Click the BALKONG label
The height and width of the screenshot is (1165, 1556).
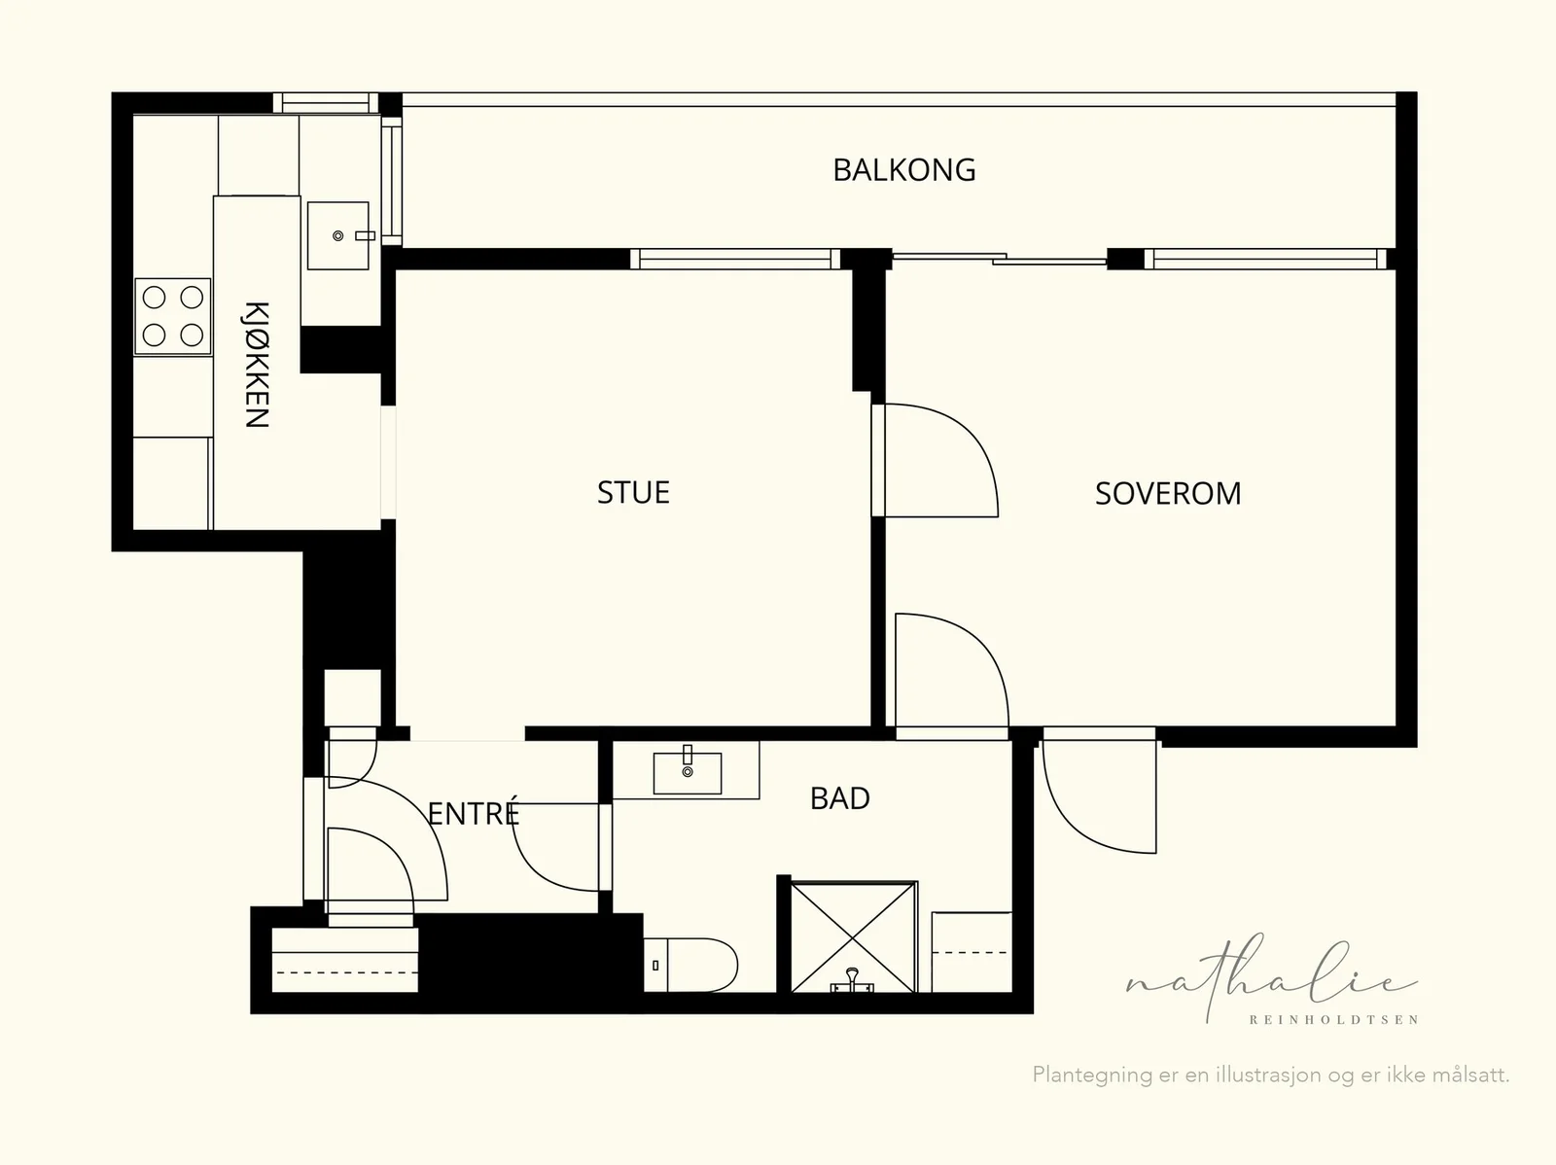click(903, 170)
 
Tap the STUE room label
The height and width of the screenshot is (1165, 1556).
click(633, 492)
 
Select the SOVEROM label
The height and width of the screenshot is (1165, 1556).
click(1168, 494)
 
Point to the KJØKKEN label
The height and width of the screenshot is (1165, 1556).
click(257, 365)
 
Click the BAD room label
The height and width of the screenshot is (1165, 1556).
click(840, 798)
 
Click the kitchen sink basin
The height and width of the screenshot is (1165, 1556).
click(338, 235)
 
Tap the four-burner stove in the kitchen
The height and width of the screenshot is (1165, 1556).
click(173, 316)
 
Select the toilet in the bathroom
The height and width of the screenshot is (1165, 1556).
click(690, 966)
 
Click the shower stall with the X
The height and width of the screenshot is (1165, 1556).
click(854, 936)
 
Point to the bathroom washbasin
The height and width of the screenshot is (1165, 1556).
click(687, 772)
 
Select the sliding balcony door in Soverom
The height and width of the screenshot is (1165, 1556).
click(1000, 259)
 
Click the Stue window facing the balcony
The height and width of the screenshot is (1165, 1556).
click(735, 259)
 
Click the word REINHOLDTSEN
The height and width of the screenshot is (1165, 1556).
click(1333, 1020)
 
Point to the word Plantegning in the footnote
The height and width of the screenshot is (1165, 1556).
click(1092, 1076)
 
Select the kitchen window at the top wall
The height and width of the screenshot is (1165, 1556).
click(326, 103)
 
